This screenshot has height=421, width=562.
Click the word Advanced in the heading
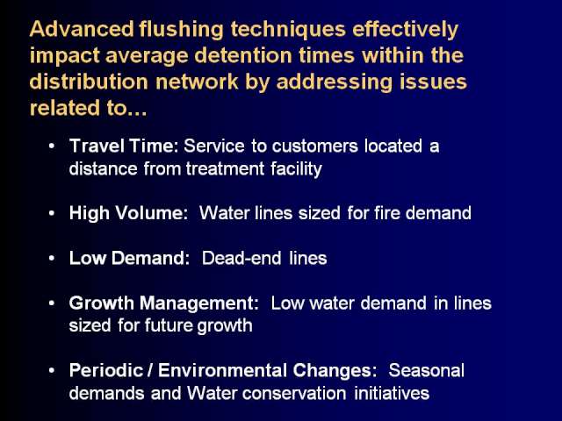click(x=82, y=29)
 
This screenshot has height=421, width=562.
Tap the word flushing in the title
click(x=182, y=30)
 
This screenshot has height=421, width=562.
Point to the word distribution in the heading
click(x=89, y=82)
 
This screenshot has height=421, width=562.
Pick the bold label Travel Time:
click(x=124, y=146)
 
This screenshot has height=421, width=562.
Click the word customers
click(x=314, y=146)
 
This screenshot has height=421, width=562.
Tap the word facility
click(x=296, y=169)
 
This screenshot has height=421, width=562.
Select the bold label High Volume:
click(x=128, y=213)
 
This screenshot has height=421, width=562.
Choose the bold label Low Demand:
click(x=129, y=259)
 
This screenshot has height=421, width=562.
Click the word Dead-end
click(x=241, y=259)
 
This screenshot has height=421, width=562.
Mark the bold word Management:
click(x=199, y=304)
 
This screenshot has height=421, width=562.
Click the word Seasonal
click(x=427, y=370)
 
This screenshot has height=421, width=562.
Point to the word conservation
click(x=294, y=394)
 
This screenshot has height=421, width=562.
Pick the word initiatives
click(x=392, y=394)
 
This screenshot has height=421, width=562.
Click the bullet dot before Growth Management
click(x=52, y=303)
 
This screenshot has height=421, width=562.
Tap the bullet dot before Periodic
click(x=52, y=370)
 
